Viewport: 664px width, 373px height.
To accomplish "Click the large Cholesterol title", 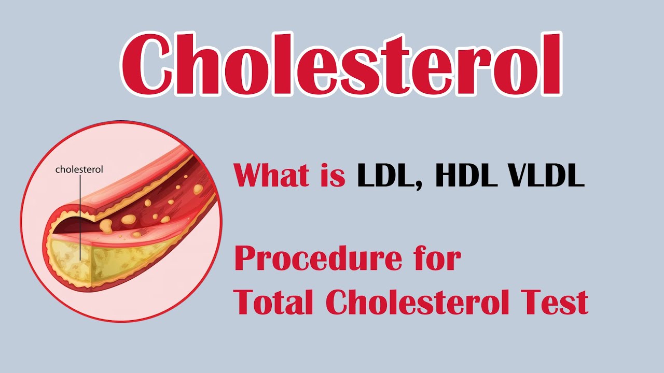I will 341,64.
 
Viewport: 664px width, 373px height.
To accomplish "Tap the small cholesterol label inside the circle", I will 79,169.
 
